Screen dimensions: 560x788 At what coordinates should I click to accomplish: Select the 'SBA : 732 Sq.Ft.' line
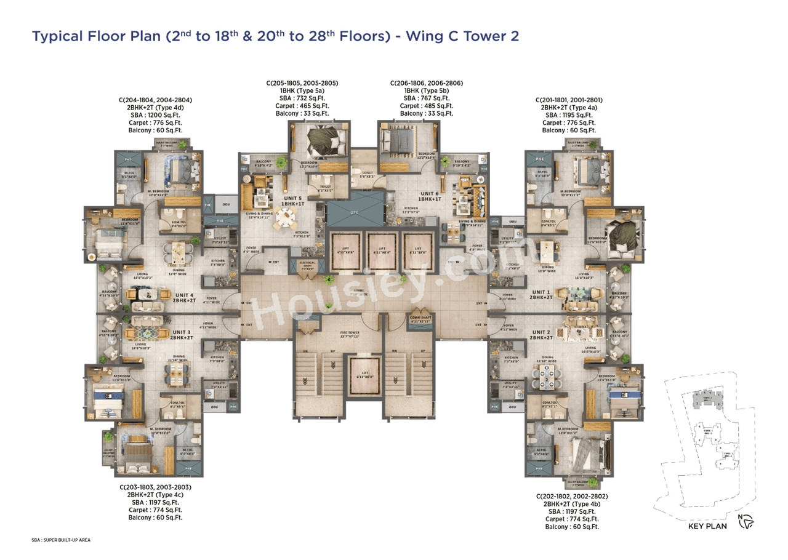click(302, 98)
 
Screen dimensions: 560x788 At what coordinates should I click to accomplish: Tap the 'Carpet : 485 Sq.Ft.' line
click(427, 106)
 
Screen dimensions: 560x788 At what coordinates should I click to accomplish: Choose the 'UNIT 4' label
click(184, 295)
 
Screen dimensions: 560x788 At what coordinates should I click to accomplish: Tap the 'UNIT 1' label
click(541, 292)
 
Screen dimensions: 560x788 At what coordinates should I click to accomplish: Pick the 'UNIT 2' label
click(541, 331)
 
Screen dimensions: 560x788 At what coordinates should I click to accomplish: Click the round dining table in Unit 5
click(285, 217)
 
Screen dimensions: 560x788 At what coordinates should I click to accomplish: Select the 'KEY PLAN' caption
click(707, 526)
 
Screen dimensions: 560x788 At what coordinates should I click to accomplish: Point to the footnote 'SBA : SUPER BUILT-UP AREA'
click(61, 540)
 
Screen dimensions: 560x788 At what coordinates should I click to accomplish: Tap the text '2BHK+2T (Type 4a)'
click(569, 107)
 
